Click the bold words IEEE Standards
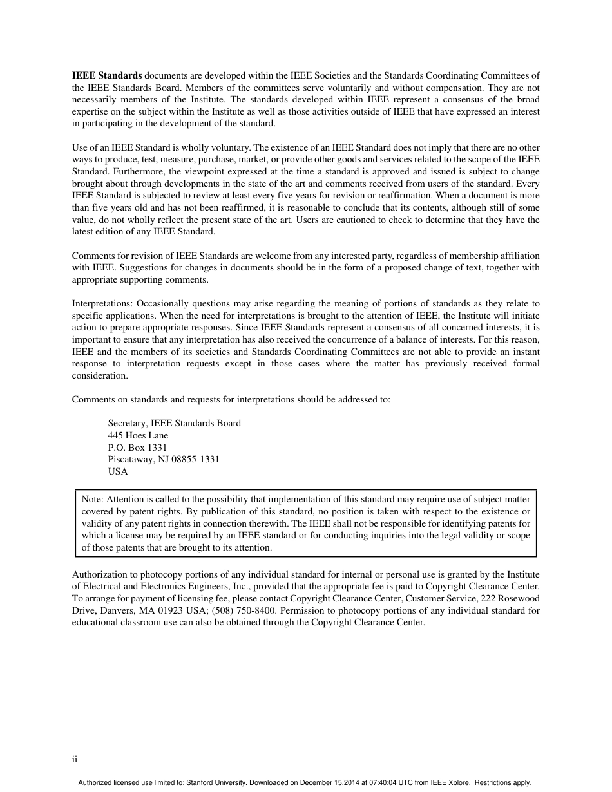click(107, 75)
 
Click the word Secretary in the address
click(128, 423)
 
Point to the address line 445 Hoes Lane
click(138, 435)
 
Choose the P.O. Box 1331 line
click(137, 448)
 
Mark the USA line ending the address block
click(118, 471)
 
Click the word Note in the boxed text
click(91, 499)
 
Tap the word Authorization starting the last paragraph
click(99, 574)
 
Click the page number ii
click(75, 760)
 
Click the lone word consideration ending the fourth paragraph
click(99, 376)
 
